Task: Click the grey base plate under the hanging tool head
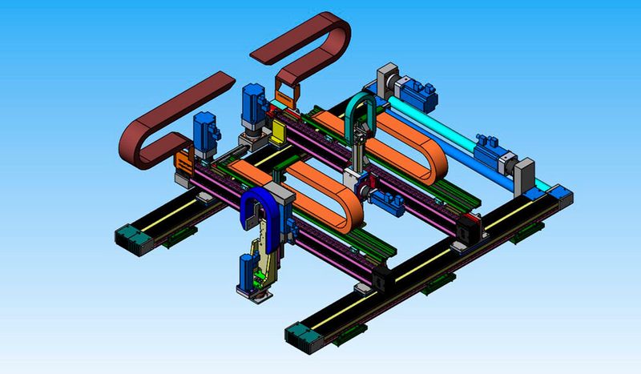point(254,294)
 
